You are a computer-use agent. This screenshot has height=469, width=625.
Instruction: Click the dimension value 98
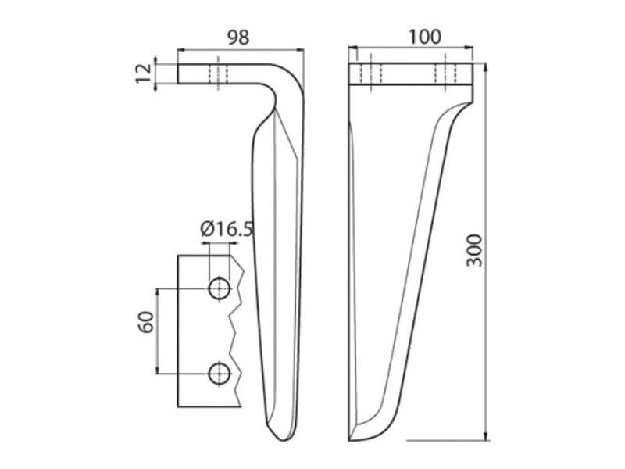click(x=238, y=37)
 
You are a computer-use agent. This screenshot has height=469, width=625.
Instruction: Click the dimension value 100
click(x=425, y=37)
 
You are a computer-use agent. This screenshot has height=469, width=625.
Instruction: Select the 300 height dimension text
click(x=475, y=250)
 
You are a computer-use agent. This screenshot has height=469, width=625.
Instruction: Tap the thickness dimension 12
click(x=144, y=73)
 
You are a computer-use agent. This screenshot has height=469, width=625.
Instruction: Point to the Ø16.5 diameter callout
click(x=227, y=229)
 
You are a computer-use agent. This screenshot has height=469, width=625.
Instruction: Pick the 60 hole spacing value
click(x=146, y=322)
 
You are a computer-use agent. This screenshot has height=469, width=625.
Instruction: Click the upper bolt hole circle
click(x=220, y=288)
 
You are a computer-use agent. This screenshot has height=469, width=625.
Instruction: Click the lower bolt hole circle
click(x=220, y=374)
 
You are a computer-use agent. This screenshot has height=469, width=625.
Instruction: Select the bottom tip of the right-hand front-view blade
click(x=350, y=440)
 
